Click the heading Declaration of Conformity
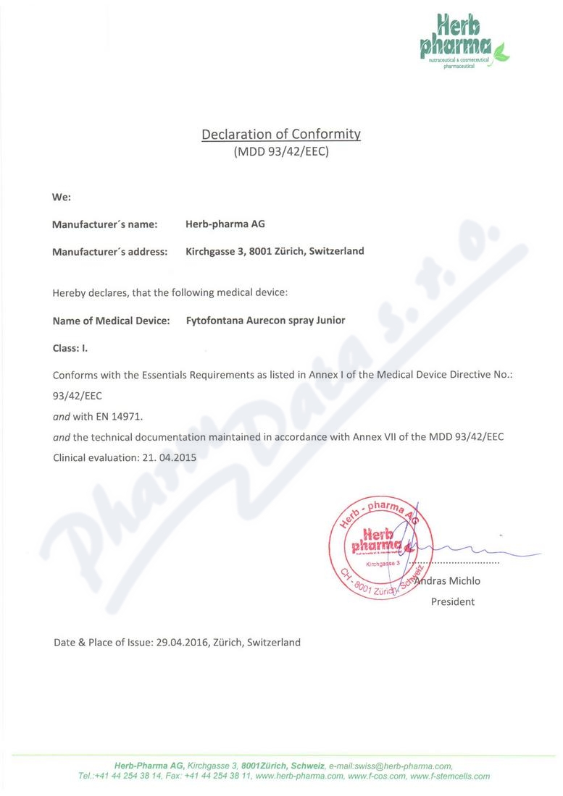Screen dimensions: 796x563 coord(281,134)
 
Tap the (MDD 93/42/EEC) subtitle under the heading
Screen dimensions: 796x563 coord(281,152)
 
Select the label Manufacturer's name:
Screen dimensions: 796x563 coord(104,224)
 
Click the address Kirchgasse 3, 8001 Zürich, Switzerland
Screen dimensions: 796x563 coord(275,251)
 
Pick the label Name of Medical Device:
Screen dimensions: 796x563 coord(112,321)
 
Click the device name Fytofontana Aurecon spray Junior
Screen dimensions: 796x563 coord(266,321)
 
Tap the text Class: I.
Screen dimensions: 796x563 coord(70,348)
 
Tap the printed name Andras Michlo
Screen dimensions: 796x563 coord(448,581)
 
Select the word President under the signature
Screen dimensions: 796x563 coord(453,601)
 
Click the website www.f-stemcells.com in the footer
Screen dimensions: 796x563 coord(449,776)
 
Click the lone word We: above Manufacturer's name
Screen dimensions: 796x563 coord(61,197)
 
